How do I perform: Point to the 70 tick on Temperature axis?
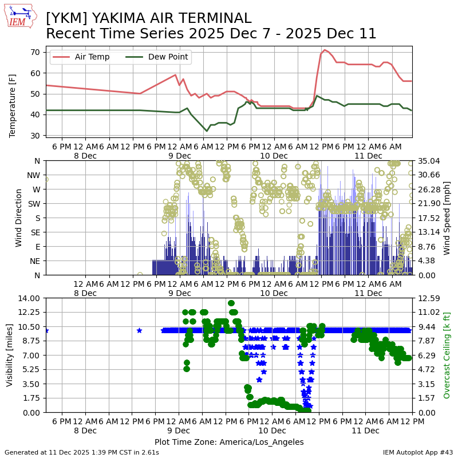tap(35, 52)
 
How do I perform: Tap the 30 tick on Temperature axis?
tap(35, 136)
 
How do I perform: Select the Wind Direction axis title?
tap(19, 218)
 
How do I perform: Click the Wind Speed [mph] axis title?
tap(447, 218)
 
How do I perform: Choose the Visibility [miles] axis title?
tap(10, 355)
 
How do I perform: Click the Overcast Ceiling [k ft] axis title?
tap(447, 355)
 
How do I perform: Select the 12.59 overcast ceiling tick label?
tap(428, 298)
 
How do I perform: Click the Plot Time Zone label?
tap(229, 442)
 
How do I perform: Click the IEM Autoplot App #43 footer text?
tap(418, 452)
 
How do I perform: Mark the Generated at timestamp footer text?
tap(82, 452)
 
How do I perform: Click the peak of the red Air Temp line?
tap(325, 50)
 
